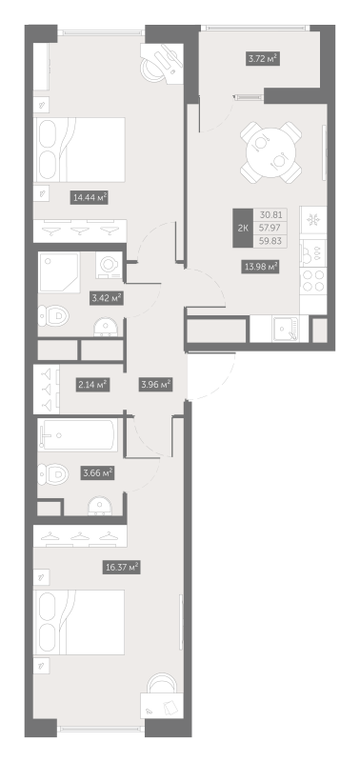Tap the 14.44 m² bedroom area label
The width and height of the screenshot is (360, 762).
pos(89,198)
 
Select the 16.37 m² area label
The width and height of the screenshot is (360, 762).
pos(122,567)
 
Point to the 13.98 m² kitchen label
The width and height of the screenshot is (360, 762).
pos(259,267)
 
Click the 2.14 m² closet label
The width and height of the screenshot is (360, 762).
pos(91,385)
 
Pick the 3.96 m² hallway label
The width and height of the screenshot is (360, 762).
pos(155,385)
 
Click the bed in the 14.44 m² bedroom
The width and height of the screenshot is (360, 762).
pos(80,149)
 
